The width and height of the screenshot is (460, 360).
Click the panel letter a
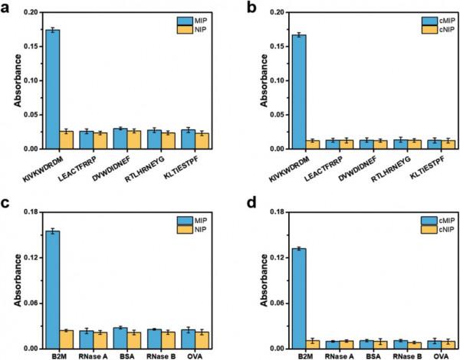pos(5,7)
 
